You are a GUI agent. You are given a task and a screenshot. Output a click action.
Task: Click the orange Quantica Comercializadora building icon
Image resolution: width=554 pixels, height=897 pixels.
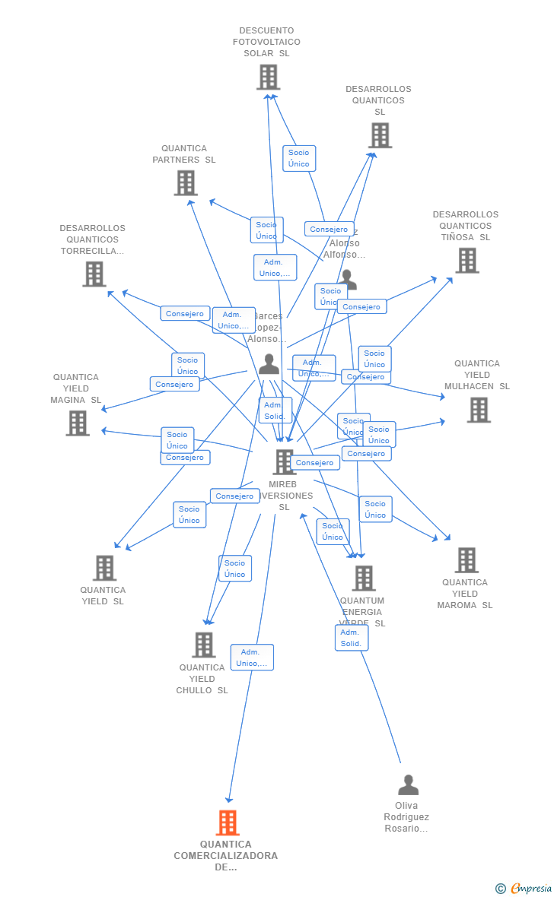(x=228, y=823)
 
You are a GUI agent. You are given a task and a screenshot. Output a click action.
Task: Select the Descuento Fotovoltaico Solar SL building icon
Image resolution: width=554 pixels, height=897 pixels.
(x=268, y=77)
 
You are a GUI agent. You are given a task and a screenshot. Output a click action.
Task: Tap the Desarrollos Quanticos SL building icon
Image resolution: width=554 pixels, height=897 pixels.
(x=380, y=135)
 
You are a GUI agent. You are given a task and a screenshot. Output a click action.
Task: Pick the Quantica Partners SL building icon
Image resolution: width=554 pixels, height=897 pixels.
(x=186, y=183)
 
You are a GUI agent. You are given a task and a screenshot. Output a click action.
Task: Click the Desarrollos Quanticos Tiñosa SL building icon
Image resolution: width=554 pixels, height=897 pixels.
(x=466, y=260)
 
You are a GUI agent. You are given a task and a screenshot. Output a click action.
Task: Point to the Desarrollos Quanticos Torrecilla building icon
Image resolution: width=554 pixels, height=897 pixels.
(x=94, y=274)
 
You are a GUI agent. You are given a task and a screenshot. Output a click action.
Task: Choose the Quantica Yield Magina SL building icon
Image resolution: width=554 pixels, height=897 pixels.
(x=78, y=423)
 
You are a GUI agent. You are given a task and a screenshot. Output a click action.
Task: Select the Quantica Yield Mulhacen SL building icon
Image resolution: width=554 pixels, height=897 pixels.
(x=478, y=410)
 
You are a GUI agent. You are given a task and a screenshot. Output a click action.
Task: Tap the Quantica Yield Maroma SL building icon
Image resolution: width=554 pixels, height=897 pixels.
(x=466, y=560)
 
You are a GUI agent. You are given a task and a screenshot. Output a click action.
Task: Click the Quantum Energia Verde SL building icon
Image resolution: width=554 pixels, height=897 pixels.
(x=364, y=578)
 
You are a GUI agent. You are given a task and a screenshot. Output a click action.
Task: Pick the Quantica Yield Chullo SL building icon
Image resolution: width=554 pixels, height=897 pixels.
(x=203, y=645)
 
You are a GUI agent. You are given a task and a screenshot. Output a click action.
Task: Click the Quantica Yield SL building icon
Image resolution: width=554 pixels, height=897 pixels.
(x=104, y=568)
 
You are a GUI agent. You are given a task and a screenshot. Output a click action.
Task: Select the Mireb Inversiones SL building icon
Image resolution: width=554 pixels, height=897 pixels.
(x=284, y=461)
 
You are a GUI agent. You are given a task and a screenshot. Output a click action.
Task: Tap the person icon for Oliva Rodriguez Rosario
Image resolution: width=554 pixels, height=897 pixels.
(x=408, y=784)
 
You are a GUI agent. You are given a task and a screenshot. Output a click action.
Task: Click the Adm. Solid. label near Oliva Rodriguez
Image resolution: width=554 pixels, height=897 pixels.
(x=351, y=638)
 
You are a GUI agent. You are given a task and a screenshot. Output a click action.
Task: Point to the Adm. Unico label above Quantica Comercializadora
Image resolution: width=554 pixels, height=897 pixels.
(x=252, y=658)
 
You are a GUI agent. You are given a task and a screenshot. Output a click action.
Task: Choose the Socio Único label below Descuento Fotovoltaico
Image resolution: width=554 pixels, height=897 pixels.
(x=299, y=158)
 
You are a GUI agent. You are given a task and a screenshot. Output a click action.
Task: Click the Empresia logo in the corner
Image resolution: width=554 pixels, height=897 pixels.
(x=524, y=888)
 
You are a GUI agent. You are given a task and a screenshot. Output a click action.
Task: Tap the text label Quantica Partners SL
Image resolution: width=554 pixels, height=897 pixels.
(x=184, y=154)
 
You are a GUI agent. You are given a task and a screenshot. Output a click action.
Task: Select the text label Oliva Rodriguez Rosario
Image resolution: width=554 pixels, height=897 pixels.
(x=406, y=817)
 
